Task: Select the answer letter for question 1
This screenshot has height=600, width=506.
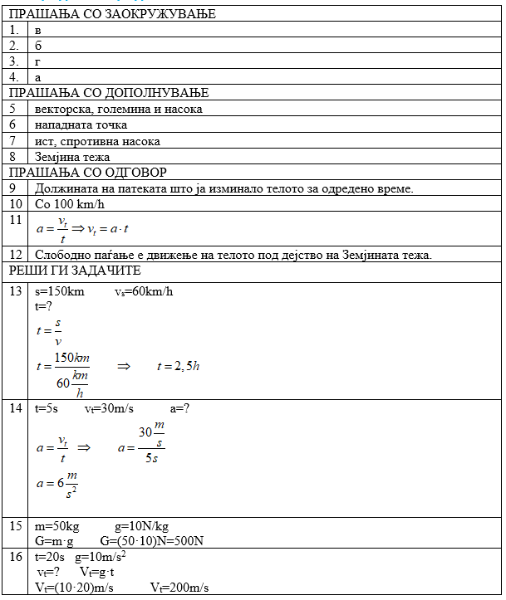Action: (38, 30)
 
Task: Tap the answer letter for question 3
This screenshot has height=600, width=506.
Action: (38, 61)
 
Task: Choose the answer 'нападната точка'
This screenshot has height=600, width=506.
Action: (81, 124)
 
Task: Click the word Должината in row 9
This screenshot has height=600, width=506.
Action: (66, 188)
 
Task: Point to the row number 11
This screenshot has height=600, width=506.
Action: (14, 220)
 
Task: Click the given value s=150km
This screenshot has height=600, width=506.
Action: (59, 291)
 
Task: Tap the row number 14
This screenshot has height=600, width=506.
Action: (15, 407)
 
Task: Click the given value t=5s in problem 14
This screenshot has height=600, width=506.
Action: (46, 408)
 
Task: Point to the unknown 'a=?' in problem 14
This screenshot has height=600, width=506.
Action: (180, 408)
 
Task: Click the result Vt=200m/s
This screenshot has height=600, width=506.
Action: (179, 588)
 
